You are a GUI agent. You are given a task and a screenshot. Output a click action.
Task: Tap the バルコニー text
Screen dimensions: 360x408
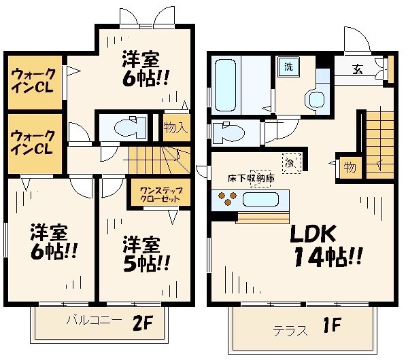94,319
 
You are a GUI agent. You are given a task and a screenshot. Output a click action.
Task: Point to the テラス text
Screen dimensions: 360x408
288,331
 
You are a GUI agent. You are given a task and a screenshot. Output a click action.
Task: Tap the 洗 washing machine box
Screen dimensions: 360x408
288,68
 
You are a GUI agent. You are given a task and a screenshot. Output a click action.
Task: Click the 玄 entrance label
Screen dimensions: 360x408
357,68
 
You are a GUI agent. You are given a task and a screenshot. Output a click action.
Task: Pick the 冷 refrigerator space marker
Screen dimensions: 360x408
290,162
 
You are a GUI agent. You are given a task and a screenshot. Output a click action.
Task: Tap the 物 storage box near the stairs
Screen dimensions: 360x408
349,166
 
